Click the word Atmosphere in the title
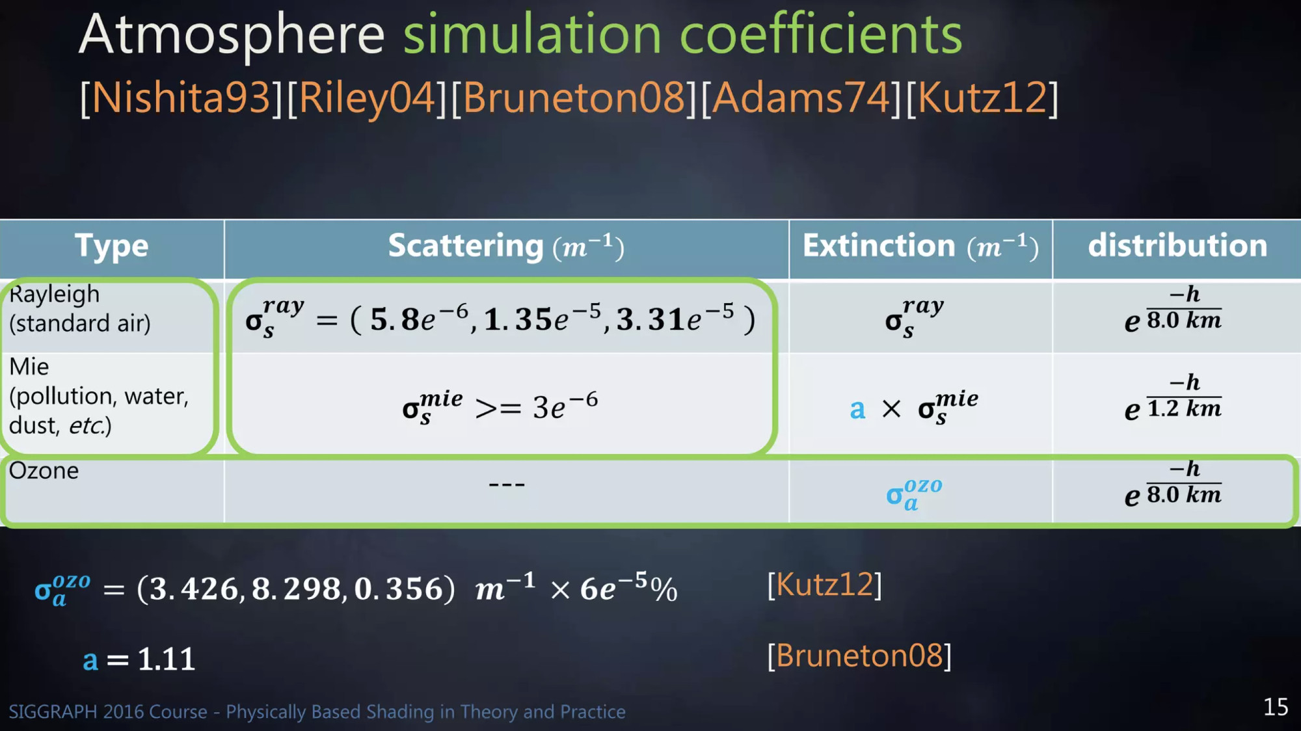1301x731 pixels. pyautogui.click(x=232, y=35)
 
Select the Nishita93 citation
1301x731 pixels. pyautogui.click(x=181, y=98)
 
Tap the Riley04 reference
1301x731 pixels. pyautogui.click(x=367, y=98)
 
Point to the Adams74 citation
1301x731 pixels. pyautogui.click(x=801, y=98)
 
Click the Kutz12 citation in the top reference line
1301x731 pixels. pyautogui.click(x=982, y=98)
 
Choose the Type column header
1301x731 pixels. pyautogui.click(x=112, y=246)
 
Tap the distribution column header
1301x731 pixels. pyautogui.click(x=1177, y=246)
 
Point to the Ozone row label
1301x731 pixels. pyautogui.click(x=44, y=470)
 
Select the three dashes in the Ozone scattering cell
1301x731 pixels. pyautogui.click(x=507, y=485)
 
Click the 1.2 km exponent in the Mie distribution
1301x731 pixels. pyautogui.click(x=1184, y=408)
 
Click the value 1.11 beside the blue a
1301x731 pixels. pyautogui.click(x=167, y=659)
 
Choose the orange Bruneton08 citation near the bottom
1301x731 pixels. pyautogui.click(x=859, y=656)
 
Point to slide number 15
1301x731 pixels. pyautogui.click(x=1276, y=707)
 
